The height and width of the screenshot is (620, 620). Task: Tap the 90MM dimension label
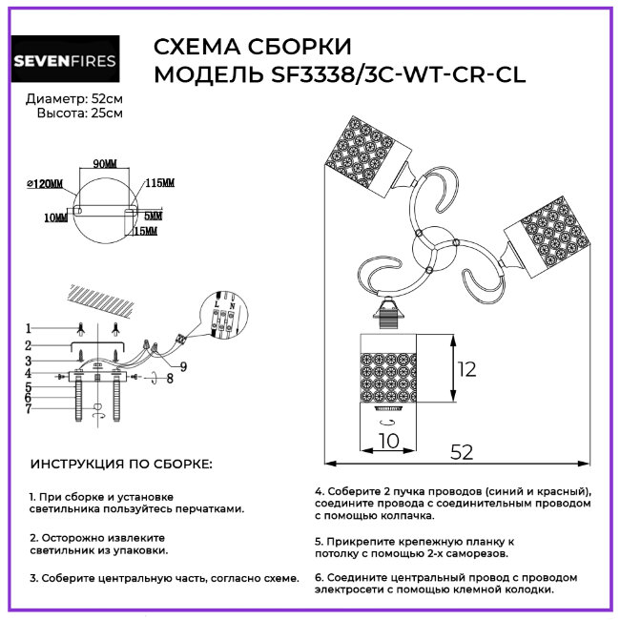point(103,163)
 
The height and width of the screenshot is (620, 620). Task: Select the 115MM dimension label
point(159,182)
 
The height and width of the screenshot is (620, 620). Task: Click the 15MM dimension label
point(145,232)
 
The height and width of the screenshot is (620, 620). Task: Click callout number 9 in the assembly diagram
point(182,366)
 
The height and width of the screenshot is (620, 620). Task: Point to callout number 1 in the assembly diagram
point(29,328)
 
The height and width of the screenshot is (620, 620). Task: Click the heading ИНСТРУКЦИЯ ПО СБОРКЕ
point(122,464)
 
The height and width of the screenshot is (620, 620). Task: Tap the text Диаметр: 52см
point(74,99)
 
